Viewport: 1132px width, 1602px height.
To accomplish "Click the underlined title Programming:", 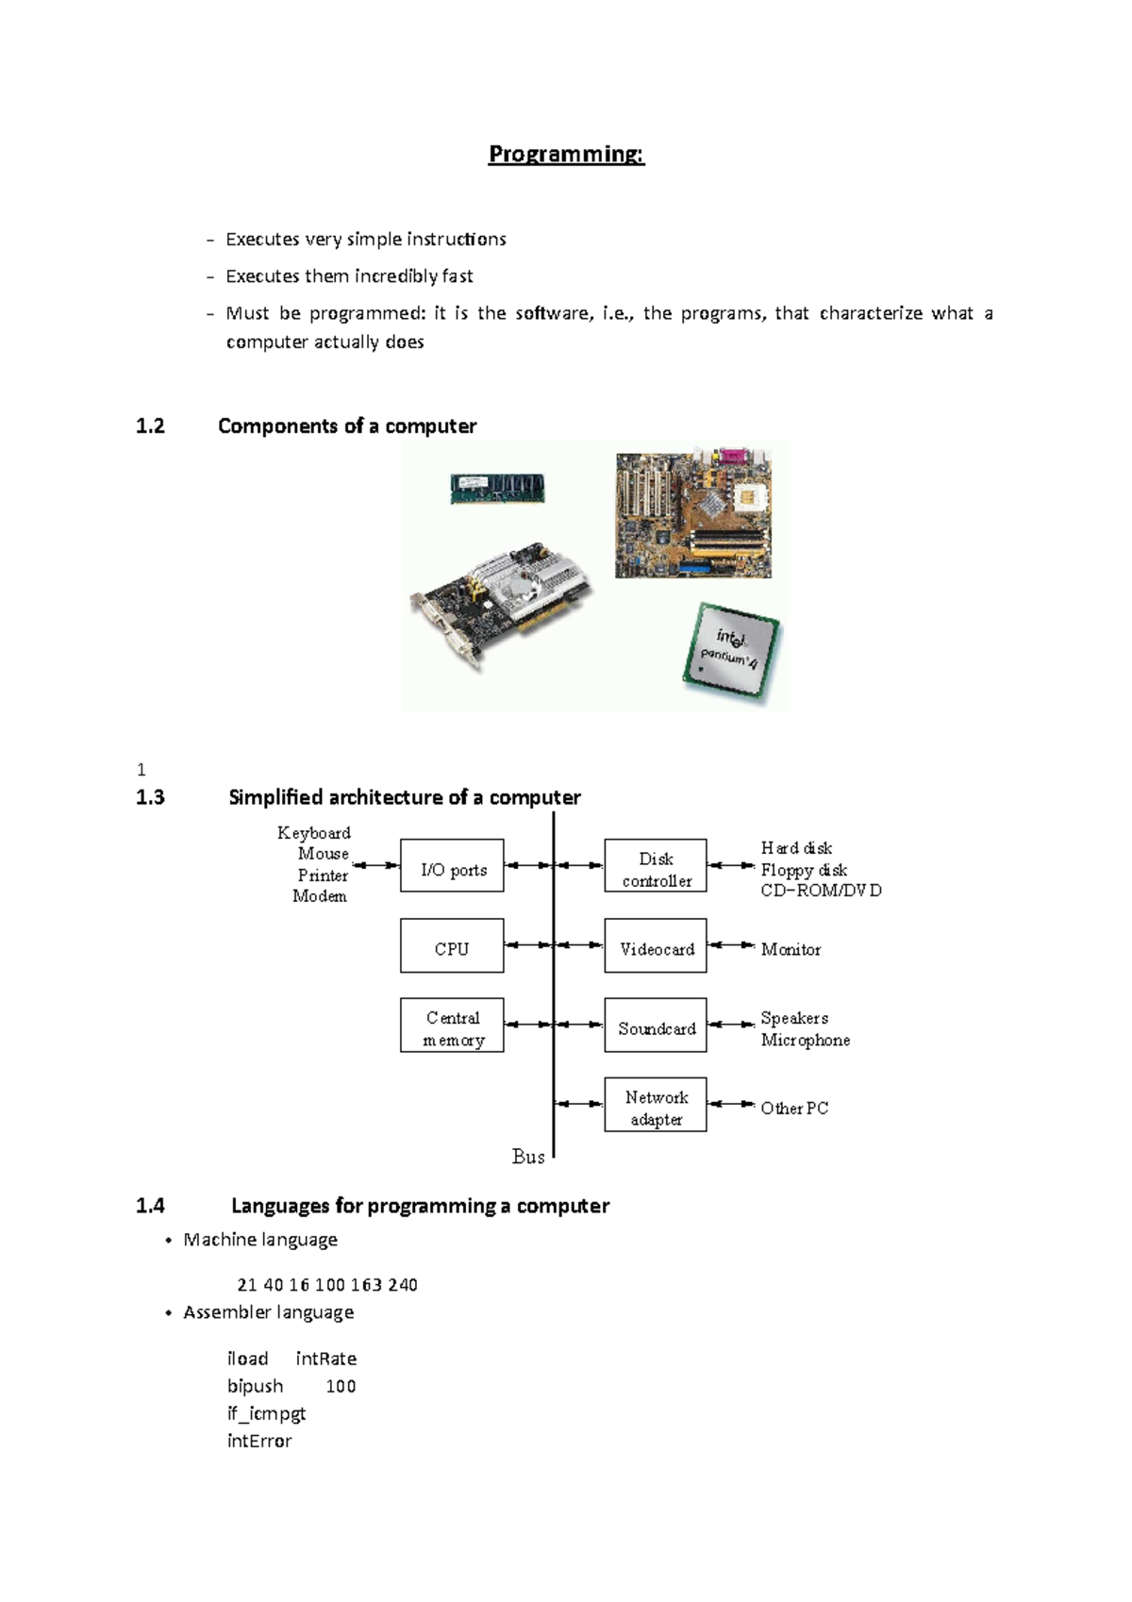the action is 566,155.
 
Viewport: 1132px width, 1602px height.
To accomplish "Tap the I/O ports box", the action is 452,865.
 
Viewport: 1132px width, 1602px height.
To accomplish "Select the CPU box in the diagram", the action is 452,945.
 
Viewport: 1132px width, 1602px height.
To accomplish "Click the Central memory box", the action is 452,1026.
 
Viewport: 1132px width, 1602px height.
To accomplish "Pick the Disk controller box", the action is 656,865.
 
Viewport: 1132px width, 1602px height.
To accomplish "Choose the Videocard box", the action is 656,945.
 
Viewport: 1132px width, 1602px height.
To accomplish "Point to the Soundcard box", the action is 656,1026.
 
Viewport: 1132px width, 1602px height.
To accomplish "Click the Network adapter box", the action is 656,1105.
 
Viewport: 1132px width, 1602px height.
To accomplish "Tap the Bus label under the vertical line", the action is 528,1157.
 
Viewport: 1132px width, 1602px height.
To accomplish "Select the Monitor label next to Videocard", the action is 791,950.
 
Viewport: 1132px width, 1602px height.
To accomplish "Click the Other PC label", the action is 794,1109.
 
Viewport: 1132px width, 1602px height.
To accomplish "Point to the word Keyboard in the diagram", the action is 314,833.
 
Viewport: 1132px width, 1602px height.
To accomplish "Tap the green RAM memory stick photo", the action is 497,489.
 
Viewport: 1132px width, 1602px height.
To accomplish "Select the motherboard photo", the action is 693,514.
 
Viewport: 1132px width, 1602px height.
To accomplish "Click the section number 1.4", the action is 150,1206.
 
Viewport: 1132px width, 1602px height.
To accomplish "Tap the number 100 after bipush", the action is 341,1386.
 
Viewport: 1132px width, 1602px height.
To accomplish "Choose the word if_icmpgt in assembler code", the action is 266,1413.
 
